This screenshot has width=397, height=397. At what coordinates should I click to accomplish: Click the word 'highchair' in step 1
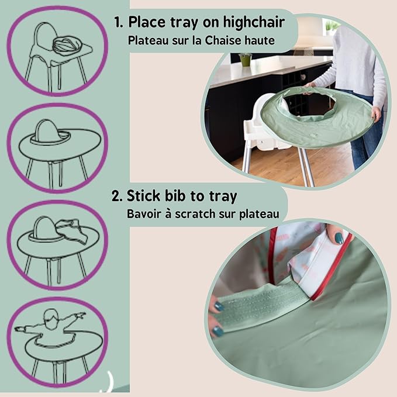pyautogui.click(x=252, y=23)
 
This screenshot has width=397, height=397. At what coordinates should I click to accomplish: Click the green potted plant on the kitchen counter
pyautogui.click(x=245, y=59)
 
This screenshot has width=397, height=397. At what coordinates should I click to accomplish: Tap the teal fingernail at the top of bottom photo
pyautogui.click(x=339, y=238)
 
